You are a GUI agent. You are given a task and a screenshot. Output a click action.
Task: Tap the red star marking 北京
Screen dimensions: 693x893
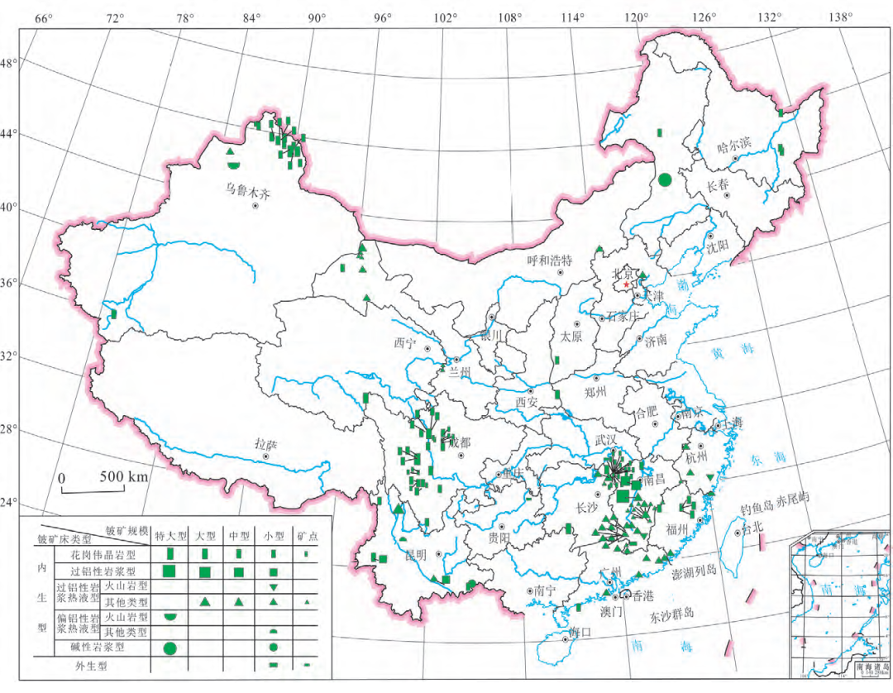coord(627,284)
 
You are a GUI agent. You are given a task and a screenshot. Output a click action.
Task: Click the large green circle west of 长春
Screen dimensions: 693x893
coord(665,179)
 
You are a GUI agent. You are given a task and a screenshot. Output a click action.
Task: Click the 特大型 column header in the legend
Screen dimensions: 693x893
coord(171,534)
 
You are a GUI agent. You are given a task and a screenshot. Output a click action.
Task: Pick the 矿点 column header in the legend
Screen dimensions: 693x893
coord(306,534)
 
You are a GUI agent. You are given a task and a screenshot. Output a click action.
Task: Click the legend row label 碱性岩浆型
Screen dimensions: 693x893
coord(102,647)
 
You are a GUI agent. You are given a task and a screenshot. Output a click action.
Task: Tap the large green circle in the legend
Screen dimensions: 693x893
coord(170,648)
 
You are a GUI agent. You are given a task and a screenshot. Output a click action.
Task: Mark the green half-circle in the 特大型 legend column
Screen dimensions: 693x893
coord(170,616)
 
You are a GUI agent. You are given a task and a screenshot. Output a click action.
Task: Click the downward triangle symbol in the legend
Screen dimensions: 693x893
coord(273,586)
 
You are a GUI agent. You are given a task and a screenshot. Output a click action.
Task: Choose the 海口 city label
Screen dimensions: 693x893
coord(581,633)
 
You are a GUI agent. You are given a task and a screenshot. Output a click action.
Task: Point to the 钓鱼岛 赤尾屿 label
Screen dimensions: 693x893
coord(773,496)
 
